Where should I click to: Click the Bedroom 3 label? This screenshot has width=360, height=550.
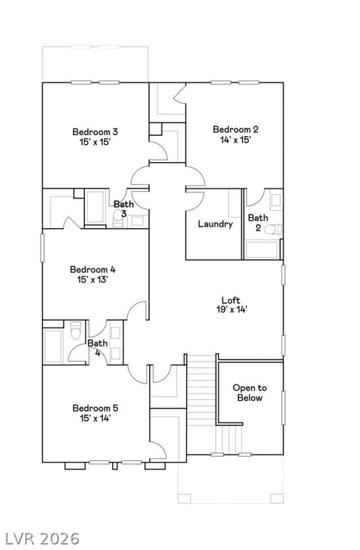click(x=95, y=132)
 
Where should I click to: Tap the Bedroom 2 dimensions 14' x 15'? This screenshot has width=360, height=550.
click(x=236, y=140)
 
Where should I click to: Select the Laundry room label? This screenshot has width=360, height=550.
click(x=215, y=224)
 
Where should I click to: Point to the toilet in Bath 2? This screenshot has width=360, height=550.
click(x=273, y=229)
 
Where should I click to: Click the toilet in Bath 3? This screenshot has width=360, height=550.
click(x=118, y=218)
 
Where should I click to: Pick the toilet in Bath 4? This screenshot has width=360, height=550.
click(x=76, y=330)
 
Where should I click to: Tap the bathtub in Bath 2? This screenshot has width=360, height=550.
click(x=262, y=249)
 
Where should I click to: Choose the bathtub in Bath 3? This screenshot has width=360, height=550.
click(x=95, y=207)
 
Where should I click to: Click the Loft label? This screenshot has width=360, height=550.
click(x=231, y=300)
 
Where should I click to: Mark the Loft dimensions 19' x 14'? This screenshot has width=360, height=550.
click(x=232, y=310)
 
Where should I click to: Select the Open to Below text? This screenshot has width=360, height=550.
click(x=250, y=393)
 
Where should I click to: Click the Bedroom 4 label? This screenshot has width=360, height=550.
click(x=93, y=270)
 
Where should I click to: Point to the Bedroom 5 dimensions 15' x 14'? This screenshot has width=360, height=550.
click(x=96, y=418)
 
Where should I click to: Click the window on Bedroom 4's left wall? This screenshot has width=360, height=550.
click(x=43, y=248)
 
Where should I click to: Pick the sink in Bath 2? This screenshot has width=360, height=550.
click(x=276, y=200)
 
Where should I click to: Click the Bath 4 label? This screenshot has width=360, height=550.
click(x=97, y=348)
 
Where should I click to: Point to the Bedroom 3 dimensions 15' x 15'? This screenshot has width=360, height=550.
click(x=95, y=142)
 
